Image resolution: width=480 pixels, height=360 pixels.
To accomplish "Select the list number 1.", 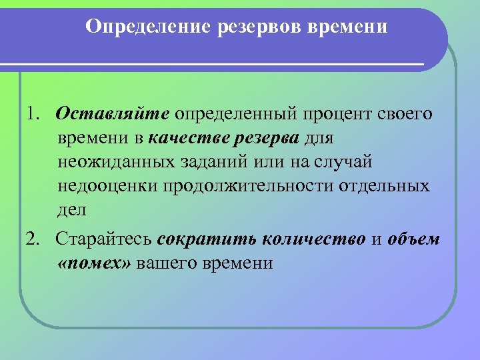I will (34, 113).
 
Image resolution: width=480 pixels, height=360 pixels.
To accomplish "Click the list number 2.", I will (34, 239).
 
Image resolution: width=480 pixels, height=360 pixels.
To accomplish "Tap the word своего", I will (407, 115).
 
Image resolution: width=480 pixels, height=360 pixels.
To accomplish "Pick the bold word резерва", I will (268, 139).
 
